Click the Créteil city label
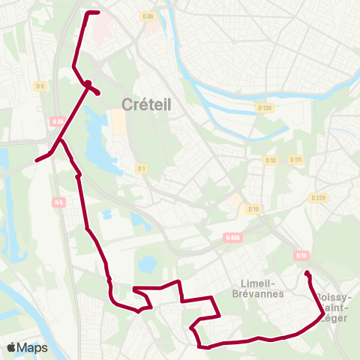tap(146, 105)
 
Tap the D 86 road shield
tap(147, 16)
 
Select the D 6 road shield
tap(40, 87)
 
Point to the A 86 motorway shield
tap(58, 121)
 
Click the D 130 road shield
tap(264, 109)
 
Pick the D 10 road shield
tap(271, 160)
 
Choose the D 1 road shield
tap(139, 169)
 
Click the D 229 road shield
tap(317, 198)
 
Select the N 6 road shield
tap(59, 202)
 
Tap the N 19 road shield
tap(301, 255)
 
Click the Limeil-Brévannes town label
tap(258, 288)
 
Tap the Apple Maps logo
tap(27, 348)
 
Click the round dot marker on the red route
tap(88, 84)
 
